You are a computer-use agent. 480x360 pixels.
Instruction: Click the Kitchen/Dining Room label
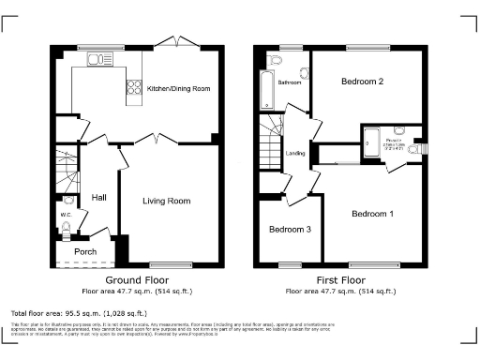point(178,88)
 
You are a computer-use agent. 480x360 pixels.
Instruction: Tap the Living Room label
point(167,201)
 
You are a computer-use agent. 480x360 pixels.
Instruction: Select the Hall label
point(99,198)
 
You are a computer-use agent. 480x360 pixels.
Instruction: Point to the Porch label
point(85,251)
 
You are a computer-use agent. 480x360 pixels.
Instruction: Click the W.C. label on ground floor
point(66,215)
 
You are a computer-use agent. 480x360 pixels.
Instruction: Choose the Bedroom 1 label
point(372,214)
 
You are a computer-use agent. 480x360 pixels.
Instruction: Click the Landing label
point(295,154)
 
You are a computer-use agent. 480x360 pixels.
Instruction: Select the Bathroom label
point(290,82)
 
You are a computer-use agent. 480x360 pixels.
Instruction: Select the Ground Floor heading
point(136,280)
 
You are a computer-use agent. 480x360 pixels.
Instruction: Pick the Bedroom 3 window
point(284,264)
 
